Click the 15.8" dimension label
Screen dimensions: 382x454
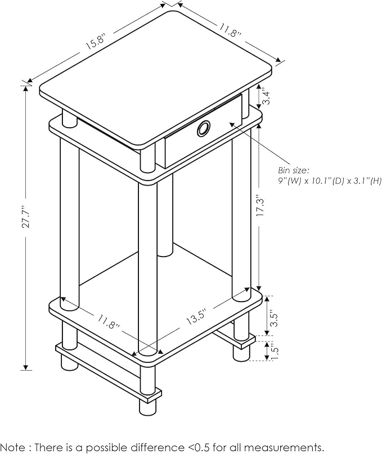[96, 42]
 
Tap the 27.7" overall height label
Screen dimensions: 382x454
[26, 217]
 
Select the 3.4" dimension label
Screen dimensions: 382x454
[266, 97]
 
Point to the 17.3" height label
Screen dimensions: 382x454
[260, 206]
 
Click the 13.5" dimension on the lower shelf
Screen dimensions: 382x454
[196, 317]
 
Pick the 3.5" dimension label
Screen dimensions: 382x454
[273, 319]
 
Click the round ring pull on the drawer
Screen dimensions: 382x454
[204, 128]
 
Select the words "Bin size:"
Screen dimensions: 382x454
[290, 170]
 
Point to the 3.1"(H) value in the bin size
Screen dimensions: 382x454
[366, 181]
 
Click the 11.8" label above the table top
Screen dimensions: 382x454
[230, 31]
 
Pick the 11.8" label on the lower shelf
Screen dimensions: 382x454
[109, 322]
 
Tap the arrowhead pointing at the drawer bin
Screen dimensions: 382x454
[232, 124]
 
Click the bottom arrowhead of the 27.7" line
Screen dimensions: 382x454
[26, 367]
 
